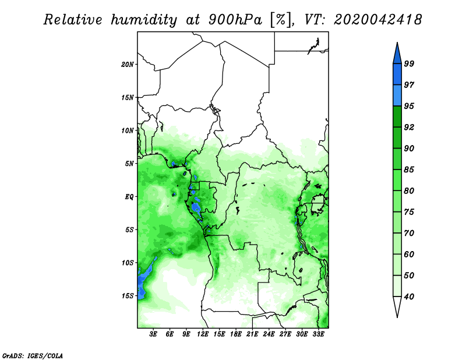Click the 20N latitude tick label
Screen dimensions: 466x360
point(127,65)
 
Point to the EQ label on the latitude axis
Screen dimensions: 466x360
point(129,197)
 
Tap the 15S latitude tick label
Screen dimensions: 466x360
point(127,296)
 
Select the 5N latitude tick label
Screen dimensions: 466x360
point(129,164)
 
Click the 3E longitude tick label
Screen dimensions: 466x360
point(153,334)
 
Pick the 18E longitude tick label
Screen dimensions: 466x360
point(236,334)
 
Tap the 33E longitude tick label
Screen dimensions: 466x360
point(318,334)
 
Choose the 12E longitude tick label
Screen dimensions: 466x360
point(203,334)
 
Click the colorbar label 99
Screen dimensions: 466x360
point(409,63)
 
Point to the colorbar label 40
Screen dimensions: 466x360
point(409,297)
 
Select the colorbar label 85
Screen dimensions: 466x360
point(409,170)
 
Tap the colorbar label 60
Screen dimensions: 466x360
point(409,255)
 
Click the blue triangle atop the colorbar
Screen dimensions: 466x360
point(397,55)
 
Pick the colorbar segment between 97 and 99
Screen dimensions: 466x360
point(397,75)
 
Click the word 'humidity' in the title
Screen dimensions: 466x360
point(144,20)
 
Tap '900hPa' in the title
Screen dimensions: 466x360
point(235,20)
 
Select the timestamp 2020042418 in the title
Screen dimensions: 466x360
point(378,20)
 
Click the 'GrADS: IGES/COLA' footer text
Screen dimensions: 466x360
point(33,356)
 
